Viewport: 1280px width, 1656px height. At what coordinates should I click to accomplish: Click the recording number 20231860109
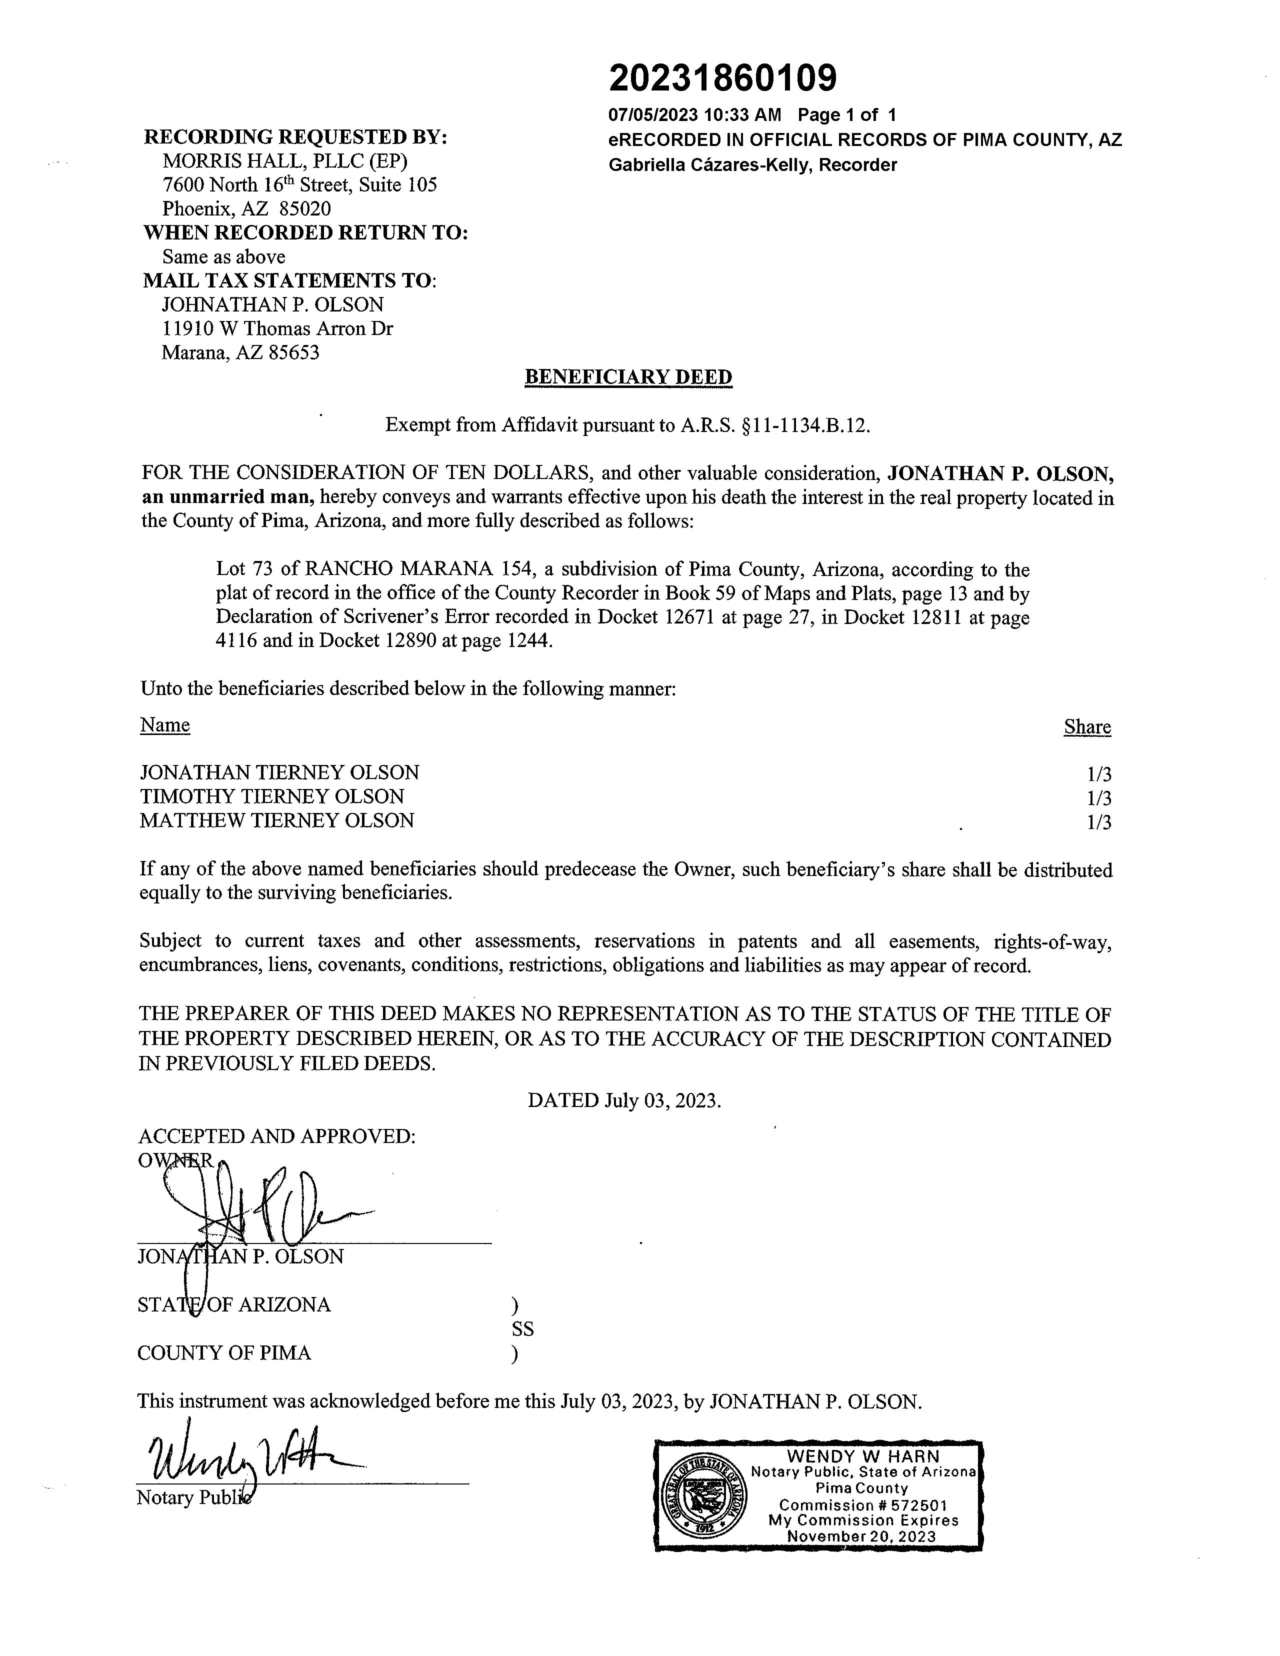722,78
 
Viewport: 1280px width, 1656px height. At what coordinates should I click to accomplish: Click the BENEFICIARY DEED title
628,377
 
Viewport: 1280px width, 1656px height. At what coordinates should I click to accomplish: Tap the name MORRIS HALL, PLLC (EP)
284,160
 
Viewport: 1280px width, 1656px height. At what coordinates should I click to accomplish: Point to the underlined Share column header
1086,726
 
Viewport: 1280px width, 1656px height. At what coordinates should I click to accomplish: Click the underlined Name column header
164,725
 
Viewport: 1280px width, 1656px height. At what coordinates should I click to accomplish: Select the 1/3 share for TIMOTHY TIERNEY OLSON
1098,797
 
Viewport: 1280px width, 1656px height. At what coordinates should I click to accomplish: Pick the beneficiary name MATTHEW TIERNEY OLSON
277,820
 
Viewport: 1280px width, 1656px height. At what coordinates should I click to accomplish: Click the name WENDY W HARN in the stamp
863,1456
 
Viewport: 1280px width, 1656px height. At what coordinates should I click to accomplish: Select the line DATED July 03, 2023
624,1100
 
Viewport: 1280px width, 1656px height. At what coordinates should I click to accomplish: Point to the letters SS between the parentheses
522,1329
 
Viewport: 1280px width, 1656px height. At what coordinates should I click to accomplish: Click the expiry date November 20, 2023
861,1536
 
